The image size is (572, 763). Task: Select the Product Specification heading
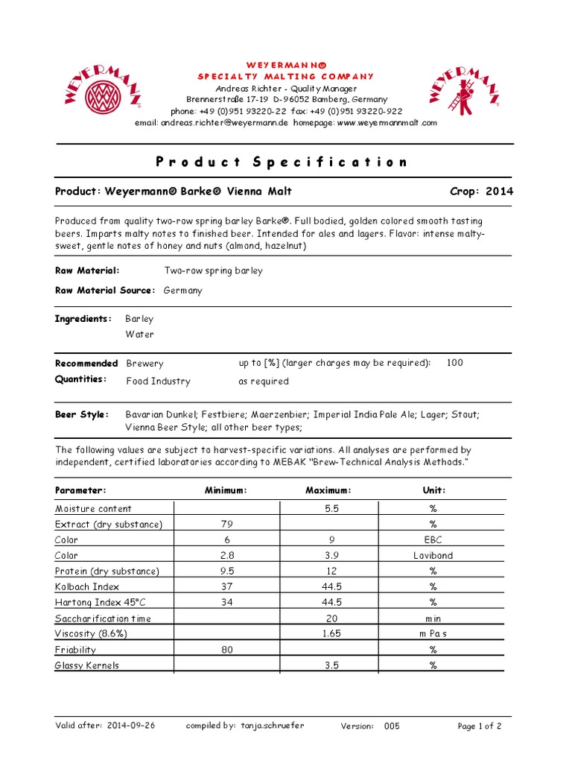pos(282,162)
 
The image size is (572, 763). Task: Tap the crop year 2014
pos(499,191)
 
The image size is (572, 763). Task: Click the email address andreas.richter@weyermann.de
pos(225,121)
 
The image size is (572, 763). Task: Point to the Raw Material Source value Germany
pos(182,290)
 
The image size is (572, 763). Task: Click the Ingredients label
pos(83,319)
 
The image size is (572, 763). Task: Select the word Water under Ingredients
pos(140,335)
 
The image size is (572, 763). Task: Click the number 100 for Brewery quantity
pos(454,363)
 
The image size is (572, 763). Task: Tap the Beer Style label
pos(82,414)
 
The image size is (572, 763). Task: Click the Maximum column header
pos(328,490)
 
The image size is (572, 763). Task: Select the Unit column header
pos(434,490)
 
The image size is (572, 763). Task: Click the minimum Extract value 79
pos(227,524)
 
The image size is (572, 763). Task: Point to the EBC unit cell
pos(433,539)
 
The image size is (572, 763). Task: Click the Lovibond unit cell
pos(433,555)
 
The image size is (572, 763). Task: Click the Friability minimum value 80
pos(227,650)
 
